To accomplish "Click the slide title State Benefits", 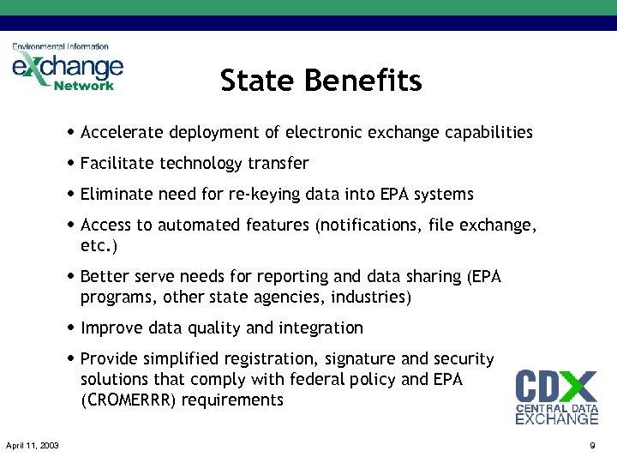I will (320, 81).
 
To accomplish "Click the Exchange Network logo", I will (68, 67).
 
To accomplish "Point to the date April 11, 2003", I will (33, 445).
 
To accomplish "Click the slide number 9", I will (591, 445).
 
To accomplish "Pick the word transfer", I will (279, 163).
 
